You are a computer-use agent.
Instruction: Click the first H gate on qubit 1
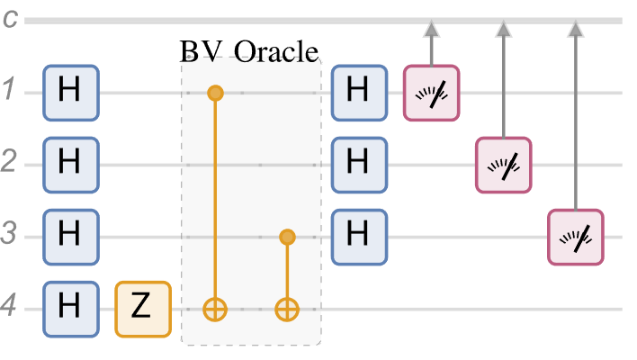(70, 92)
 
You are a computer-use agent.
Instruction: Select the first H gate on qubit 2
(70, 165)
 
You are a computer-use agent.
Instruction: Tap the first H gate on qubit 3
(70, 237)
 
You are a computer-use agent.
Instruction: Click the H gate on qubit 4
(70, 310)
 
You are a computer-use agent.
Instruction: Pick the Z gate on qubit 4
(142, 310)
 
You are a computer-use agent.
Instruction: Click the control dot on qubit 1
(214, 92)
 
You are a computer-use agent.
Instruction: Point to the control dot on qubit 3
(286, 237)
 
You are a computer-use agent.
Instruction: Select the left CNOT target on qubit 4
(214, 310)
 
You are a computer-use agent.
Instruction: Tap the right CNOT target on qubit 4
(286, 310)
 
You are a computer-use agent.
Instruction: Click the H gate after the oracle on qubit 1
(358, 92)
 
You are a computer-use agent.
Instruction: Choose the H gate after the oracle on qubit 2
(358, 165)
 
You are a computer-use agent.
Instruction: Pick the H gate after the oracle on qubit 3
(358, 237)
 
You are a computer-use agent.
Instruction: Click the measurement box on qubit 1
(431, 92)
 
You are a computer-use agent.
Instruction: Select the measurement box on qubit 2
(503, 165)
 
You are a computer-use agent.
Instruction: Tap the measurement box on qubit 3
(575, 237)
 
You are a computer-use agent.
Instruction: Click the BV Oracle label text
(250, 50)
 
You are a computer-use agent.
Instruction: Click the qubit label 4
(8, 310)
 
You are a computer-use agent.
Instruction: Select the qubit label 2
(8, 165)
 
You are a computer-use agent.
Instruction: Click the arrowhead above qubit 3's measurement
(575, 30)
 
